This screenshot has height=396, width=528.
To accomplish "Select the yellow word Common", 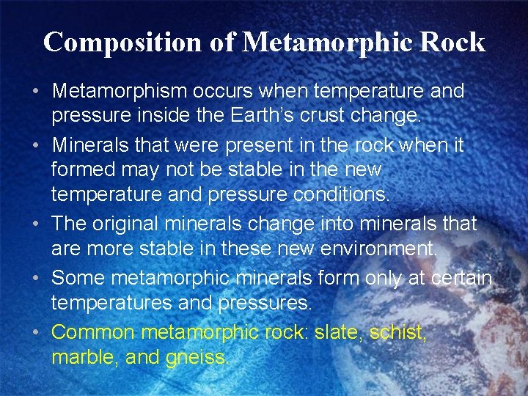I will (93, 332).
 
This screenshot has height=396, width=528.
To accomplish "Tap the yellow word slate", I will (336, 332).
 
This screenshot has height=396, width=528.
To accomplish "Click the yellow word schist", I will (397, 332).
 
